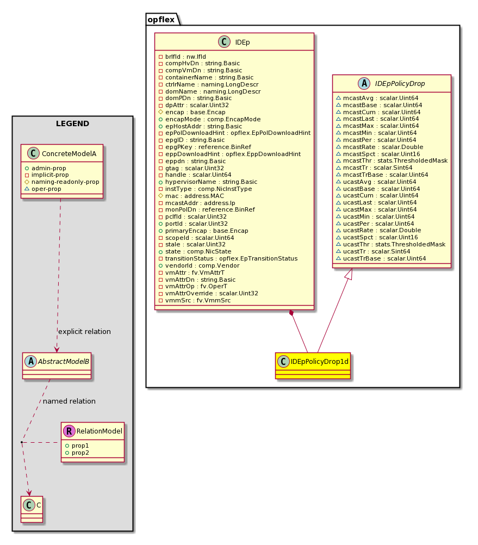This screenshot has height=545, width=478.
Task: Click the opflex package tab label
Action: click(161, 20)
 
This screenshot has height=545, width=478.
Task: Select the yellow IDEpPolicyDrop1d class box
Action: click(313, 366)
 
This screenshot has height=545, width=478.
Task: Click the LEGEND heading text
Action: click(73, 123)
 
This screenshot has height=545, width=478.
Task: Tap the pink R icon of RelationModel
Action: click(69, 431)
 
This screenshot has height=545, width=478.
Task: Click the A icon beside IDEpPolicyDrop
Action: click(364, 83)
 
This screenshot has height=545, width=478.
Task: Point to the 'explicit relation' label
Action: click(84, 332)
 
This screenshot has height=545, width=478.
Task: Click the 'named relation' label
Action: click(69, 401)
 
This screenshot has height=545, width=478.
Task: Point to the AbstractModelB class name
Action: click(64, 362)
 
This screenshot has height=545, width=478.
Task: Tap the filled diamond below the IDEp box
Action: click(291, 313)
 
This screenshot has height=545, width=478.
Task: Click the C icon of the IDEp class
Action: click(225, 42)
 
